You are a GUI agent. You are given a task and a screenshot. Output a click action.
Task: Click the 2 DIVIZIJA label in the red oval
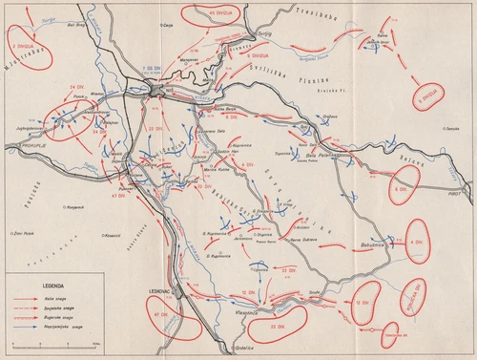25,44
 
